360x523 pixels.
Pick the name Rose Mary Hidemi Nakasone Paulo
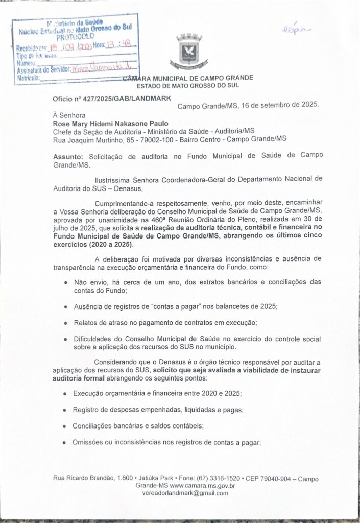point(110,123)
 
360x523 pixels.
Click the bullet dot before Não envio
point(65,282)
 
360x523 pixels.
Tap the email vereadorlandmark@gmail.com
point(186,493)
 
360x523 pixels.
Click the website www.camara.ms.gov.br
point(202,486)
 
